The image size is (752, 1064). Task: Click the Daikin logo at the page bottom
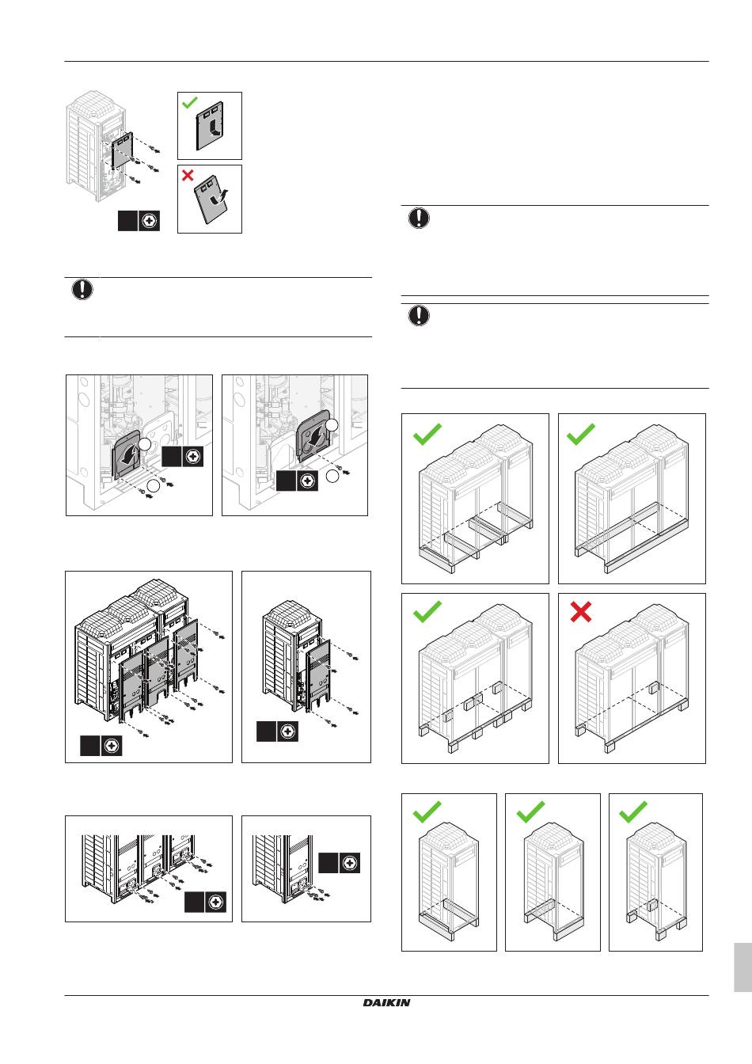(386, 1002)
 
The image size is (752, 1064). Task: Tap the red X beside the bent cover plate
(188, 176)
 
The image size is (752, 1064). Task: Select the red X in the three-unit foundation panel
(581, 612)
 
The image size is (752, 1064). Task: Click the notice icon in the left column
(82, 290)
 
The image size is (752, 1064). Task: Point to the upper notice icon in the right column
(419, 218)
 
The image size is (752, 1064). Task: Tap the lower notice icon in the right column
(419, 316)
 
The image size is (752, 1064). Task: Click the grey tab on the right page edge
(742, 966)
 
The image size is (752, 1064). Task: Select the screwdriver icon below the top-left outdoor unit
(149, 222)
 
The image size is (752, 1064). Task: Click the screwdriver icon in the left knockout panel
(193, 456)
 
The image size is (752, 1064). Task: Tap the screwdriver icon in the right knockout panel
(308, 481)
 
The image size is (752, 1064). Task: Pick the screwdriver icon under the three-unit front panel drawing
(112, 745)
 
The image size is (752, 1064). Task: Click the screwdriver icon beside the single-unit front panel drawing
(287, 731)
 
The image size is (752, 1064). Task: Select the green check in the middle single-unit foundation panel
(530, 811)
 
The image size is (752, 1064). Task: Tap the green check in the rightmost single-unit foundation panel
(633, 811)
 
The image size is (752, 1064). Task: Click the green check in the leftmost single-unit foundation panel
(427, 811)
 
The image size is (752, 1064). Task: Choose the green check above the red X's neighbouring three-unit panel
(427, 612)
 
